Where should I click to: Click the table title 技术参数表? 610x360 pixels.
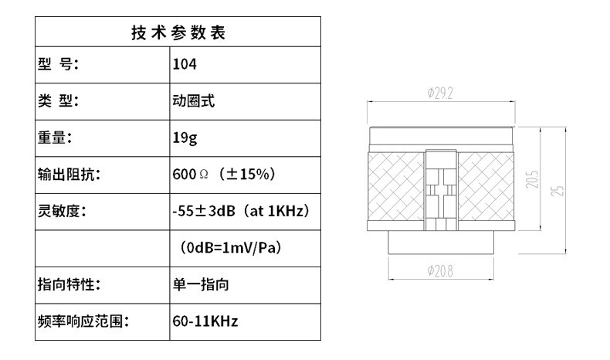(x=178, y=33)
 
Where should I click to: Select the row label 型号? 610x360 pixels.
(x=59, y=65)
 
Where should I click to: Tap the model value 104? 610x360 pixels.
(x=185, y=65)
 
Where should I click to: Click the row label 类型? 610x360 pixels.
(x=59, y=100)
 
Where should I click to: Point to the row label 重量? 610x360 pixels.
(x=56, y=138)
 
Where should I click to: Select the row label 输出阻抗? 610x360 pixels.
(x=70, y=175)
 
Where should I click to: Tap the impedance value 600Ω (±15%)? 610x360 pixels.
(x=224, y=175)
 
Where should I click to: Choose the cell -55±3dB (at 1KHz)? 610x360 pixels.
(x=241, y=211)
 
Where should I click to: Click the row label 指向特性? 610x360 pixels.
(x=70, y=284)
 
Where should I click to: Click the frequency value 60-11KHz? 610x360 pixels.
(x=205, y=321)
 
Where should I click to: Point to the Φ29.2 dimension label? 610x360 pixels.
(x=440, y=93)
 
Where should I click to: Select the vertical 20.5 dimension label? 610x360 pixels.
(x=534, y=179)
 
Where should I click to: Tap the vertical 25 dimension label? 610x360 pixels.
(x=561, y=188)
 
